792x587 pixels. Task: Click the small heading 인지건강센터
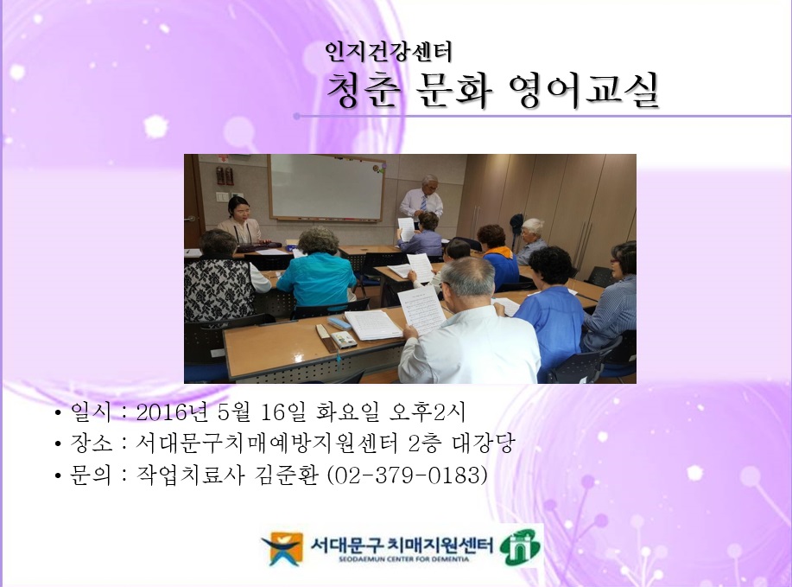tap(388, 53)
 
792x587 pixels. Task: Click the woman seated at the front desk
tap(239, 221)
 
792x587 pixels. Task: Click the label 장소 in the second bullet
tap(89, 444)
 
